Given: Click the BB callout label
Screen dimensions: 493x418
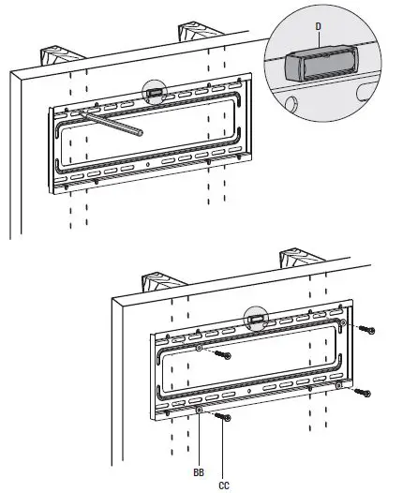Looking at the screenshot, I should coord(199,473).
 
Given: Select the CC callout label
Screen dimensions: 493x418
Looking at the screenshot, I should coord(225,484).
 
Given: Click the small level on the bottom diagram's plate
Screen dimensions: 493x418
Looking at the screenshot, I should coord(254,319).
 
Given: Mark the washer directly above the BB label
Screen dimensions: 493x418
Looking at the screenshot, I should coord(199,409).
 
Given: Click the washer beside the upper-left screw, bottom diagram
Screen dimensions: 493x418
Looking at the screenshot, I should coord(200,348).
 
